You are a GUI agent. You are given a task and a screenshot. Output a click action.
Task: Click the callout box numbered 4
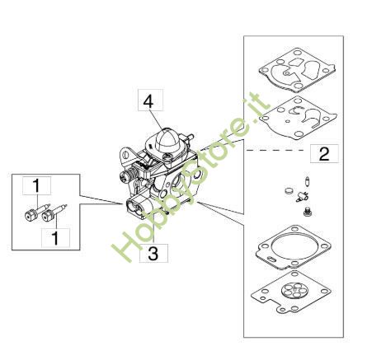[148, 101]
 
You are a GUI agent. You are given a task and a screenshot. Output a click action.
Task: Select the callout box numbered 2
[324, 153]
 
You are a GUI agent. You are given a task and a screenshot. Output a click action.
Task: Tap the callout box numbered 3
[153, 254]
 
